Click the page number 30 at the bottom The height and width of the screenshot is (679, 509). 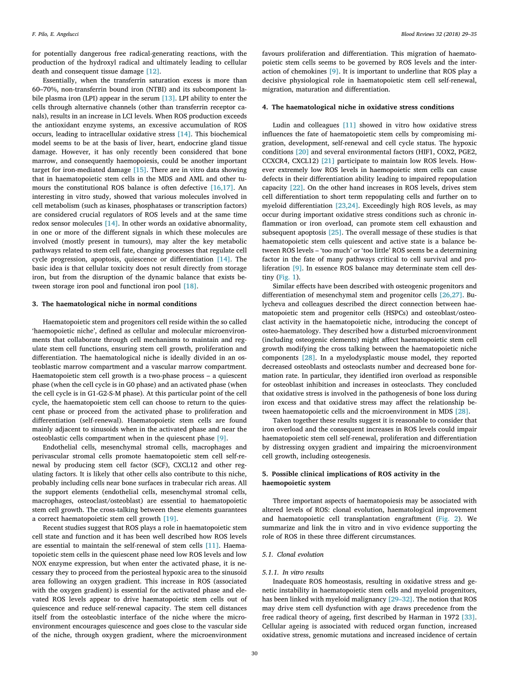(x=254, y=653)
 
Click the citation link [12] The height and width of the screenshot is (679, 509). (x=153, y=71)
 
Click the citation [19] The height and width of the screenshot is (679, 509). (x=170, y=519)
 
